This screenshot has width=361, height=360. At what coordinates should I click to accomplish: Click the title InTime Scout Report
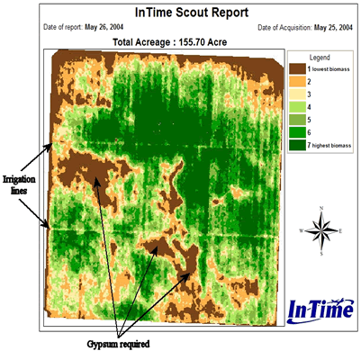(x=192, y=13)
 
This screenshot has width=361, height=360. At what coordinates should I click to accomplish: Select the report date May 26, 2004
(x=104, y=27)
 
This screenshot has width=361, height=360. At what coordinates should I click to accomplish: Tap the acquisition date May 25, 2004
(x=333, y=28)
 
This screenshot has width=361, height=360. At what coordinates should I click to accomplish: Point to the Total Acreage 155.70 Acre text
(x=169, y=42)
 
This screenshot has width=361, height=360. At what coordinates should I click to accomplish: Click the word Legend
(x=320, y=58)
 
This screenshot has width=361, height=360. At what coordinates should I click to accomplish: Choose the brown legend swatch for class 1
(x=298, y=69)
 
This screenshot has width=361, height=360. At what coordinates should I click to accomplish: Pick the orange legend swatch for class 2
(x=298, y=82)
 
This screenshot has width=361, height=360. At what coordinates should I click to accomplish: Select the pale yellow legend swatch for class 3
(x=298, y=94)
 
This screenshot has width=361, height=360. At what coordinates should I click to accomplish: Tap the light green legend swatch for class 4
(x=298, y=107)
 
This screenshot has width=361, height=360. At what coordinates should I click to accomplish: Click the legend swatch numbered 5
(x=298, y=120)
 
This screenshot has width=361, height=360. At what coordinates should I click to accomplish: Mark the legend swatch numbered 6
(x=298, y=132)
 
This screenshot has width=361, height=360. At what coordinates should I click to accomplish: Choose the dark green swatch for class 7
(x=298, y=145)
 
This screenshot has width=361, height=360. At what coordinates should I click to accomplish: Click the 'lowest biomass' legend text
(x=331, y=69)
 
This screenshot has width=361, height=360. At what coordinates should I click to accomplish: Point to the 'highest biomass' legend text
(x=331, y=146)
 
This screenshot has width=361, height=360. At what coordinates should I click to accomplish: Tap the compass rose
(x=321, y=230)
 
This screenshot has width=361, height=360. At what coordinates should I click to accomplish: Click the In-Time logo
(x=320, y=310)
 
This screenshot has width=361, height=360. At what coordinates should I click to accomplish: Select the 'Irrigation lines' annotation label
(x=19, y=184)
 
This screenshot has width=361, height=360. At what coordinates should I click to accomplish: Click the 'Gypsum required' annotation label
(x=118, y=344)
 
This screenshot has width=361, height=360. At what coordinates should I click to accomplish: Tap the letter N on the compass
(x=321, y=208)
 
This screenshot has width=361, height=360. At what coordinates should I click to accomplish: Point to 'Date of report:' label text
(x=63, y=27)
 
